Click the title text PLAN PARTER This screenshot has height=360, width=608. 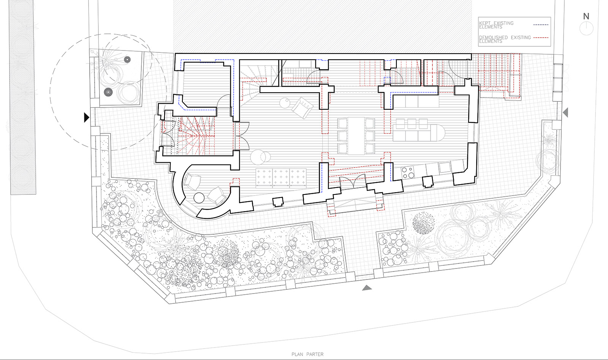pos(307,354)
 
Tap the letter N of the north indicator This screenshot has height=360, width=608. pos(586,17)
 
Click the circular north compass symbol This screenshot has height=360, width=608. pos(586,28)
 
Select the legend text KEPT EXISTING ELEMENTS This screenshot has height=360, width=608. pos(496,25)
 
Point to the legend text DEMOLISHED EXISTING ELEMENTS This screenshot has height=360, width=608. pos(505,39)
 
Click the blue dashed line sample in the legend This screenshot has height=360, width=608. pos(541,25)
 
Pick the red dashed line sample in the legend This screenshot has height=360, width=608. pos(541,38)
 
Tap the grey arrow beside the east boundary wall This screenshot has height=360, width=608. pos(565,112)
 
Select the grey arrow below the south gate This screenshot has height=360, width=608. pos(367,288)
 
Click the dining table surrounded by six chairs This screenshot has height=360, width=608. pos(356,136)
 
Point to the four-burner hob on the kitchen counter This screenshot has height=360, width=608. pos(408,173)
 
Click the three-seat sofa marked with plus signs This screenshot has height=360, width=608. pos(281,178)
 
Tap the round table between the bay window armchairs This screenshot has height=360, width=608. pos(199,198)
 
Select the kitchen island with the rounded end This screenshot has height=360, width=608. pos(419,133)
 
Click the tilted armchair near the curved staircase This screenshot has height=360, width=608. pos(302,108)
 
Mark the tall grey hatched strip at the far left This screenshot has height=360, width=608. pos(23,97)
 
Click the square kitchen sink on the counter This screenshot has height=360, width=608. pos(445,167)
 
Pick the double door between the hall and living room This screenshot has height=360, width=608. pos(242,136)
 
